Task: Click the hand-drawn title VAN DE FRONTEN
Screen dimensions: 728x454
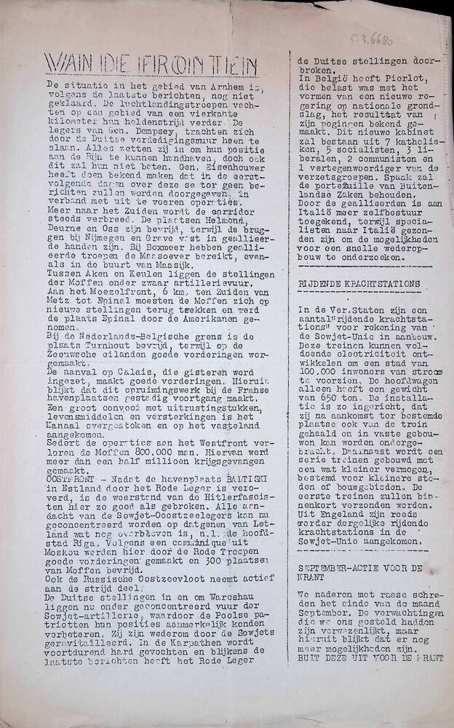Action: point(146,64)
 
